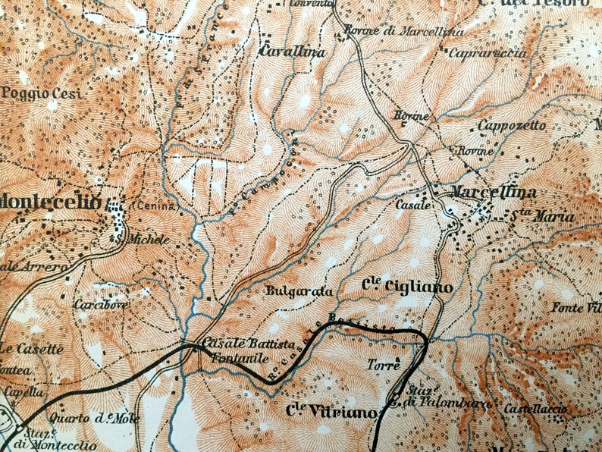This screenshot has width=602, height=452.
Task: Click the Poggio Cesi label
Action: click(x=39, y=93)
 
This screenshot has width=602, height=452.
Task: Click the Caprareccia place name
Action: click(x=477, y=53)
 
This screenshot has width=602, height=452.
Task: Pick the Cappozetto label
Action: click(x=512, y=124)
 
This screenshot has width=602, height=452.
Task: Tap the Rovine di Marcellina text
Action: click(x=382, y=30)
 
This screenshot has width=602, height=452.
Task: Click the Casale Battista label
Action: click(x=237, y=344)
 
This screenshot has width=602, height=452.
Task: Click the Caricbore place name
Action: click(x=100, y=305)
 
